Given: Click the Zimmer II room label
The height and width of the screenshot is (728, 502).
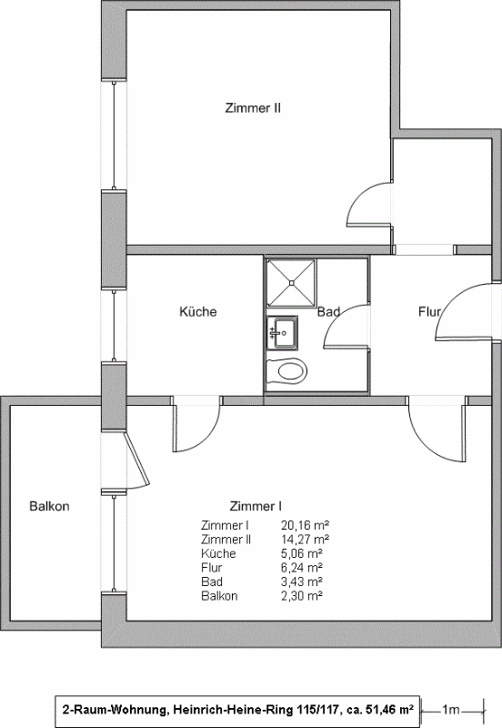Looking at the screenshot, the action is tap(253, 108).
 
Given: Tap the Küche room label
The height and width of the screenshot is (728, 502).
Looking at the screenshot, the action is tap(198, 311).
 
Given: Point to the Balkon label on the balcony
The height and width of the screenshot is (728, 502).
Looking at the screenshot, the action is tap(50, 506).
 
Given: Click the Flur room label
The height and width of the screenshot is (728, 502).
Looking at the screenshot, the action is tap(429, 311).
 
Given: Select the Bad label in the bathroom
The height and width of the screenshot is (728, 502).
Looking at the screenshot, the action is tap(328, 312).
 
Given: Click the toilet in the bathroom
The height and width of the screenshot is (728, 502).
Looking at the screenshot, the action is tap(287, 371).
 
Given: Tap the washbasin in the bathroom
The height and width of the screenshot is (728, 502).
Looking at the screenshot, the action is tap(282, 333).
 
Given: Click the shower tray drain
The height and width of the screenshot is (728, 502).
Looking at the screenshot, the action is tap(291, 282).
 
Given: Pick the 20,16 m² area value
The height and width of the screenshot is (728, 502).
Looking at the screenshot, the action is tap(305, 526).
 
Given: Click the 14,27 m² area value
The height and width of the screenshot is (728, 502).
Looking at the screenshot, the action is tap(305, 540).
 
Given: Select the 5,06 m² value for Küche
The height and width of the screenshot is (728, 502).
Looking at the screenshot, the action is tap(302, 554).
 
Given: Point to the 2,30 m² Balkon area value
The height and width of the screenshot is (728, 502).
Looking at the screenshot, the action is tap(302, 596).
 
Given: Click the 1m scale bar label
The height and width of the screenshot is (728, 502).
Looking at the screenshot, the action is tap(450, 710).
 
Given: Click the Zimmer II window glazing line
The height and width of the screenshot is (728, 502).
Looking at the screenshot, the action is tap(114, 135).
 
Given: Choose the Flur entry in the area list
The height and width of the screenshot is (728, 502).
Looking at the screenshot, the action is tap(212, 568).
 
